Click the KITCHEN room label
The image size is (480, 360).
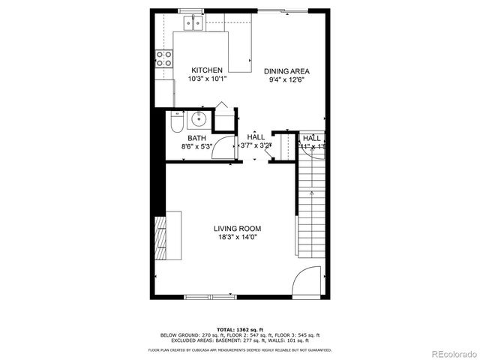(206, 70)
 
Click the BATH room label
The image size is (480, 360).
(196, 138)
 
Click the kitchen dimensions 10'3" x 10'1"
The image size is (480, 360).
(206, 79)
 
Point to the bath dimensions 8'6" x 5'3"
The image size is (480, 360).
(196, 147)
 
